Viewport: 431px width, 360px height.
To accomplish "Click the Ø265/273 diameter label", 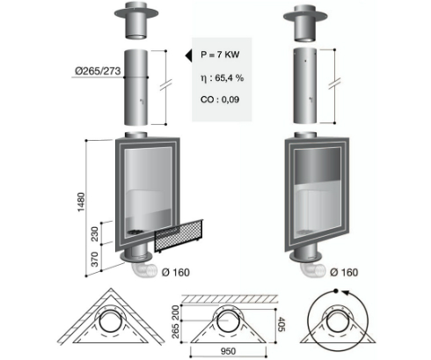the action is (x=98, y=71).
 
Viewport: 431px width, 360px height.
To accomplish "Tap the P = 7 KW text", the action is (x=220, y=55).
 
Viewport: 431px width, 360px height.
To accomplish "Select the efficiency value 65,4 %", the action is (x=230, y=77).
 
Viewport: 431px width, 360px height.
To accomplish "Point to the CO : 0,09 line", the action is (x=220, y=99).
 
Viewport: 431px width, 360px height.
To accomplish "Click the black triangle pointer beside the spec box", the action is (x=188, y=55).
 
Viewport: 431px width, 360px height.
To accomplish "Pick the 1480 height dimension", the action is (x=81, y=202).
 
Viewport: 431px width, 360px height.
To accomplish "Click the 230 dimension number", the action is (x=95, y=233).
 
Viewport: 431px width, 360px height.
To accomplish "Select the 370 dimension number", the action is (x=95, y=259).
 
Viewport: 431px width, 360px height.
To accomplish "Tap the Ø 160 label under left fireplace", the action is (x=176, y=272).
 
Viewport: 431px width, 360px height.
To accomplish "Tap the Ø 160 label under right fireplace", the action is (x=344, y=272).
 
